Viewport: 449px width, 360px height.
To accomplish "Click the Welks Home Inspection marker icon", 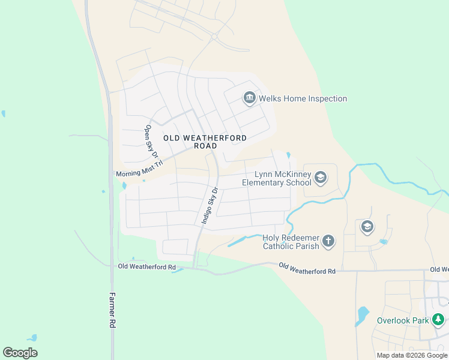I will (x=250, y=98).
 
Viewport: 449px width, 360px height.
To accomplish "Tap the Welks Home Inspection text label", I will (x=303, y=98).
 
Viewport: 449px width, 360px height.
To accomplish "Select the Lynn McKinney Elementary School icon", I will (x=321, y=177).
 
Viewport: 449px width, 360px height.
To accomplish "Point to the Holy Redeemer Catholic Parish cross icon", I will (x=328, y=241).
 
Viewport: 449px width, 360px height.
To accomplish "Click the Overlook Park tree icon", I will (x=439, y=320).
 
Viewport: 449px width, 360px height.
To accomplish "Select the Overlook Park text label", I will (x=403, y=320).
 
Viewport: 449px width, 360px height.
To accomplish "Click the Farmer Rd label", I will (x=112, y=309).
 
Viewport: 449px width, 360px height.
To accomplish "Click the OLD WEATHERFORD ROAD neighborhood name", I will (x=205, y=142).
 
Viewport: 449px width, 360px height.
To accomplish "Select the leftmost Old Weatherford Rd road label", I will (x=147, y=266).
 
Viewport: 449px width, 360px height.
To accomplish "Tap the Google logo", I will (x=20, y=353).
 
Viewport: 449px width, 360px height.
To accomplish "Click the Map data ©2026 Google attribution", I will (x=412, y=355).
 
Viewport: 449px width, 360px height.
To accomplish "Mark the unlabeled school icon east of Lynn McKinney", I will (x=367, y=227).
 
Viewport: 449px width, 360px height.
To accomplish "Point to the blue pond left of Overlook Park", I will (x=362, y=316).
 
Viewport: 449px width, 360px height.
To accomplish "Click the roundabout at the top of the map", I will (x=214, y=37).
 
